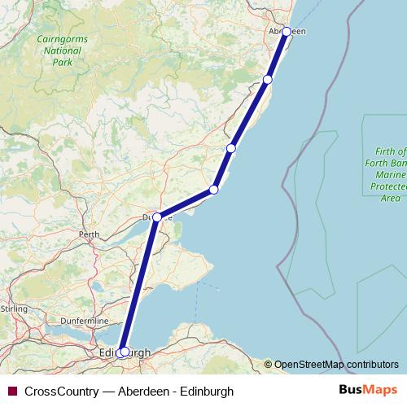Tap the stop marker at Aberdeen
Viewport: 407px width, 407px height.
pyautogui.click(x=287, y=32)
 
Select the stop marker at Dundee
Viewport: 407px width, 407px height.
pyautogui.click(x=157, y=217)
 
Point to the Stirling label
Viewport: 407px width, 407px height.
pyautogui.click(x=14, y=309)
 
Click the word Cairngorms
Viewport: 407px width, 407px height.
pyautogui.click(x=59, y=38)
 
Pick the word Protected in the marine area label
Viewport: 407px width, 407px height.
pyautogui.click(x=390, y=186)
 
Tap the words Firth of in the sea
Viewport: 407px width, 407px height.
pyautogui.click(x=392, y=151)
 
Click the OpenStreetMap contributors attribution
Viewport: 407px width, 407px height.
pyautogui.click(x=336, y=365)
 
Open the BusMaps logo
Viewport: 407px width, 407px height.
pyautogui.click(x=368, y=390)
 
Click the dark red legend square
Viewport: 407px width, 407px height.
pyautogui.click(x=12, y=391)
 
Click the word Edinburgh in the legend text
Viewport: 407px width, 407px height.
pyautogui.click(x=207, y=391)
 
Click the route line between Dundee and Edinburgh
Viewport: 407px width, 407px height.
pyautogui.click(x=141, y=285)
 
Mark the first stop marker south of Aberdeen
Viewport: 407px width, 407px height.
pyautogui.click(x=268, y=79)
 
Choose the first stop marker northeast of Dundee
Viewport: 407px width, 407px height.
pyautogui.click(x=214, y=190)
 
